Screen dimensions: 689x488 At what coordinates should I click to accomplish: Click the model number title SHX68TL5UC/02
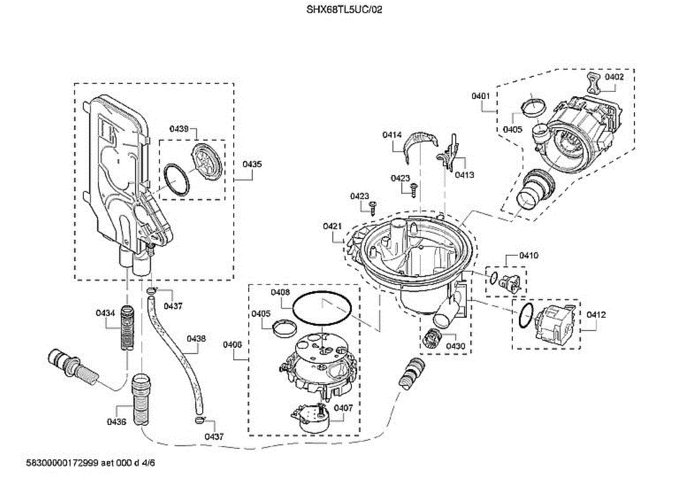click(344, 10)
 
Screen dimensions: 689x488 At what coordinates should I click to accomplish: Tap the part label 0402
click(614, 77)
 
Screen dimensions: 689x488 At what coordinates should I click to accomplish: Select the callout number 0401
click(481, 96)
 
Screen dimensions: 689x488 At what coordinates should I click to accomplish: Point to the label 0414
click(392, 135)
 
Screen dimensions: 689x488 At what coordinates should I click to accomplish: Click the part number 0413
click(465, 175)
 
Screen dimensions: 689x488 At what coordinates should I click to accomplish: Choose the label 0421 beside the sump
click(332, 226)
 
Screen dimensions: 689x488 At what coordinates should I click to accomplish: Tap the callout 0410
click(529, 256)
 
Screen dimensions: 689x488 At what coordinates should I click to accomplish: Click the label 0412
click(596, 314)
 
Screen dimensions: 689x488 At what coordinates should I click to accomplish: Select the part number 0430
click(455, 346)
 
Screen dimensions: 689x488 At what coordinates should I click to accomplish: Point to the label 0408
click(280, 292)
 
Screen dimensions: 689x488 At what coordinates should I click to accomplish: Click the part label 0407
click(343, 408)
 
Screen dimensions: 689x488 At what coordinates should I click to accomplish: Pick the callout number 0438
click(196, 339)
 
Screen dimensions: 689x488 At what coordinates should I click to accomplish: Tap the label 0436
click(117, 422)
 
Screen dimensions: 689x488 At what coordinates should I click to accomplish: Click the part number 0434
click(105, 313)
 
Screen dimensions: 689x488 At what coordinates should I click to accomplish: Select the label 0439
click(179, 129)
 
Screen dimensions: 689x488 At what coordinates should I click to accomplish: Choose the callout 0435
click(252, 164)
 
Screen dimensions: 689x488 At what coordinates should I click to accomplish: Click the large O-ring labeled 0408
click(322, 293)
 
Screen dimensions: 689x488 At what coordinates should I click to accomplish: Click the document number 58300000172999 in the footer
click(62, 463)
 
